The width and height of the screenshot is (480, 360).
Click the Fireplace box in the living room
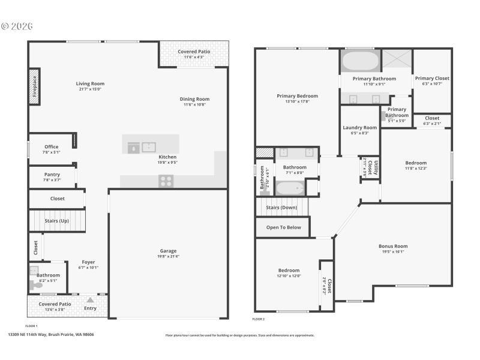[34, 86]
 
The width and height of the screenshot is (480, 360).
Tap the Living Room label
[90, 84]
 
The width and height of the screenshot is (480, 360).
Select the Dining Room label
[194, 99]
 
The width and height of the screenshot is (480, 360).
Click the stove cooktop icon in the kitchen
[166, 181]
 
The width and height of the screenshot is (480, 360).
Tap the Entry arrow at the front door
[90, 300]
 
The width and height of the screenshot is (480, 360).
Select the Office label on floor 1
[52, 147]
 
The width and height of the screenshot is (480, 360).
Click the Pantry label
[52, 175]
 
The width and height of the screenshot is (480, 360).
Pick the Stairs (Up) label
[56, 221]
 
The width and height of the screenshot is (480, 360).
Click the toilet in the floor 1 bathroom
[38, 285]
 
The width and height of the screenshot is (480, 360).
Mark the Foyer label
[88, 262]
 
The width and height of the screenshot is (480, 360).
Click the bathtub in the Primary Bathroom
[360, 61]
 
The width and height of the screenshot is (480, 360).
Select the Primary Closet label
[432, 79]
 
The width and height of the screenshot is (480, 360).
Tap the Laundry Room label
[359, 128]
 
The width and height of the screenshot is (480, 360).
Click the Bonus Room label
[393, 246]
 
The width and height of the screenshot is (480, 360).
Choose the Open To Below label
[283, 227]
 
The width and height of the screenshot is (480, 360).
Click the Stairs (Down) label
[281, 208]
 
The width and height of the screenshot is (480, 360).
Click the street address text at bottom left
[51, 335]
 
